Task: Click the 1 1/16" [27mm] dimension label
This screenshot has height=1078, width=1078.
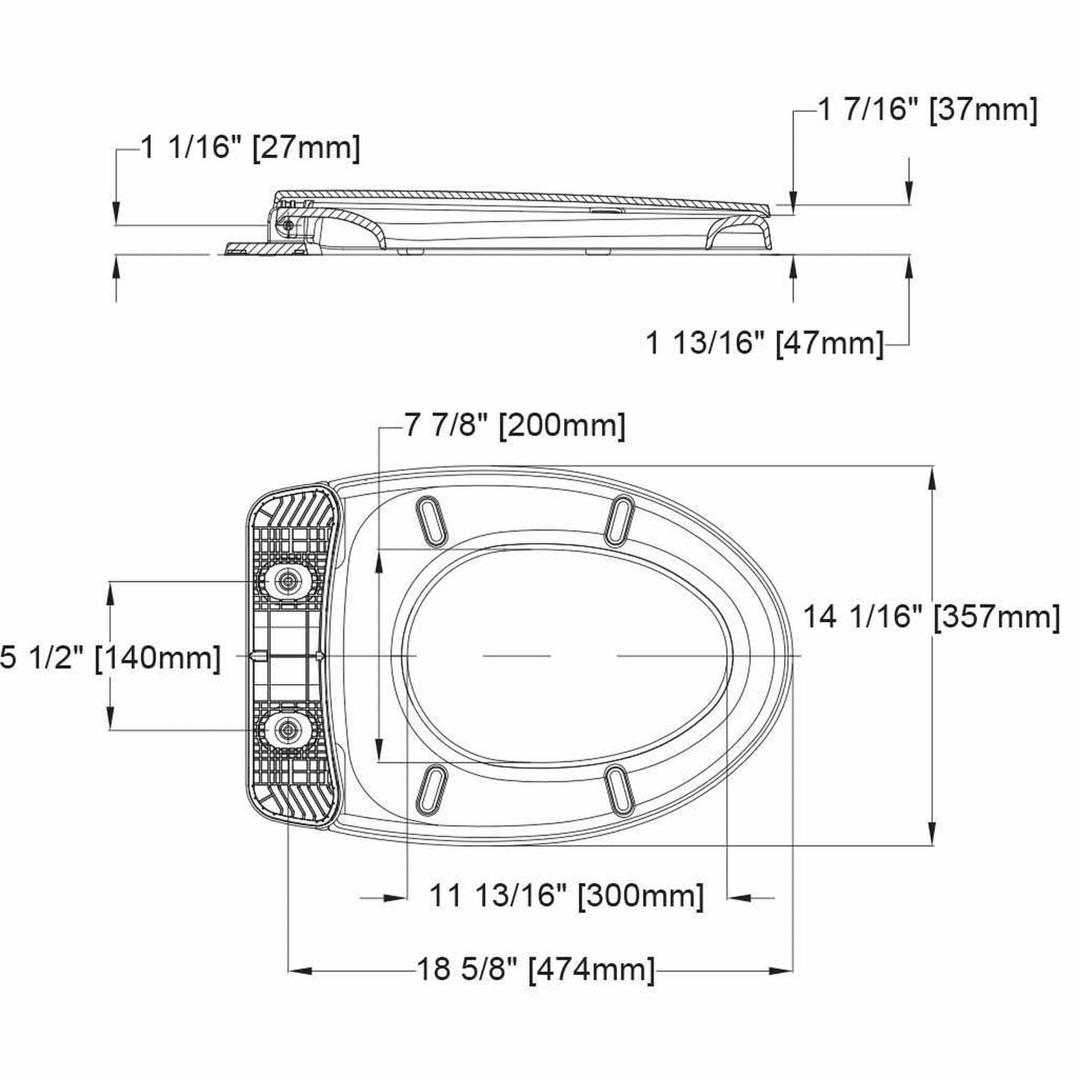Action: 250,148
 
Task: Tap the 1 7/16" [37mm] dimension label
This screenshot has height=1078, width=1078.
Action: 927,110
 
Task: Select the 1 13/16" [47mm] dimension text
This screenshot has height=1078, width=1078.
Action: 764,343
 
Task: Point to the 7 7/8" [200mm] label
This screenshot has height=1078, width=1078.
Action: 515,426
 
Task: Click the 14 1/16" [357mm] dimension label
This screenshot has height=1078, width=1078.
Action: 931,617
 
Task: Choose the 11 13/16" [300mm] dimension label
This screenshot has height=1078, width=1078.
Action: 566,894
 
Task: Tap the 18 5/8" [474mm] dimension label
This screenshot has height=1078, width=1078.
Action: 535,969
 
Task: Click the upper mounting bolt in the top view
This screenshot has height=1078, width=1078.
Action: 286,580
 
